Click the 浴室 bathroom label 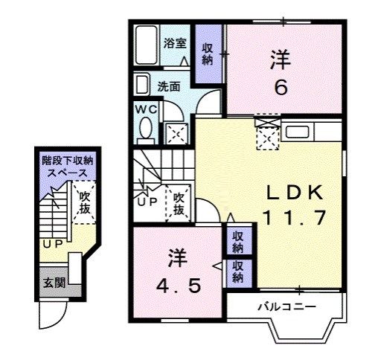[x=176, y=43]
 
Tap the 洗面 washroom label [x=169, y=86]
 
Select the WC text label [x=145, y=109]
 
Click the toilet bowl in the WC [x=145, y=131]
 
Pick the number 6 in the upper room [x=281, y=87]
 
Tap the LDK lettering [x=295, y=193]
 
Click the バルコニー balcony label [x=287, y=306]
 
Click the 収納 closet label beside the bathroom [x=208, y=54]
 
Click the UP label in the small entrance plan [x=51, y=243]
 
